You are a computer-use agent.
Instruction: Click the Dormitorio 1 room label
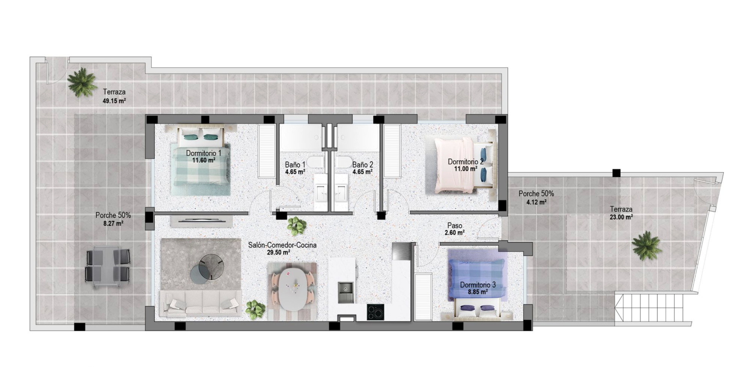tap(204, 153)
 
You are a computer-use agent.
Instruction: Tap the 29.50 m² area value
tap(278, 252)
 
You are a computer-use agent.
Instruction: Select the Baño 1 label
tap(295, 165)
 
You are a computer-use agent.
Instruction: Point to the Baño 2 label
tap(363, 165)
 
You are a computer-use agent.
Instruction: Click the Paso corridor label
tap(455, 226)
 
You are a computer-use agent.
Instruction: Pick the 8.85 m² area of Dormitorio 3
tap(478, 291)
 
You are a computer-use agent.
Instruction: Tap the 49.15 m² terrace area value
tap(114, 101)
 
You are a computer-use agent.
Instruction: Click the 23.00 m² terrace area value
tap(621, 217)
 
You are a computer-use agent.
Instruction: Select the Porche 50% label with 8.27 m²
tap(113, 215)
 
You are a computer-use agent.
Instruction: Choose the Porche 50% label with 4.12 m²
tap(536, 194)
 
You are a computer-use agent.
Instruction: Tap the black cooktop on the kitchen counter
tap(375, 312)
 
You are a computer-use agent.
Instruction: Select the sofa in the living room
tap(201, 304)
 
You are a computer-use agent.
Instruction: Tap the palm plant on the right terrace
tap(647, 246)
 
